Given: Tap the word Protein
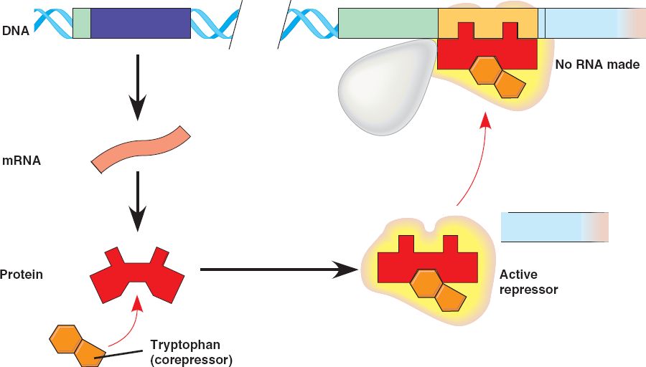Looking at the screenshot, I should click(22, 274).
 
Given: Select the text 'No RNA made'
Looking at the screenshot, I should click(597, 65).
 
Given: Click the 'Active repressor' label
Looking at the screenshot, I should click(528, 282).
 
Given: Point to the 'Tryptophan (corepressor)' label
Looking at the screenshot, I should click(191, 351).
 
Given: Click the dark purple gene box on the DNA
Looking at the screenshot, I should click(141, 23).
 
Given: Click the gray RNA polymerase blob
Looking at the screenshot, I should click(388, 87).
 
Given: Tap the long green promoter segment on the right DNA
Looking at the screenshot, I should click(388, 23).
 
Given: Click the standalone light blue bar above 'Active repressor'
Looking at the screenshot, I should click(553, 227).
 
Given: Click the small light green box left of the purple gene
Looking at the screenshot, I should click(82, 23).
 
